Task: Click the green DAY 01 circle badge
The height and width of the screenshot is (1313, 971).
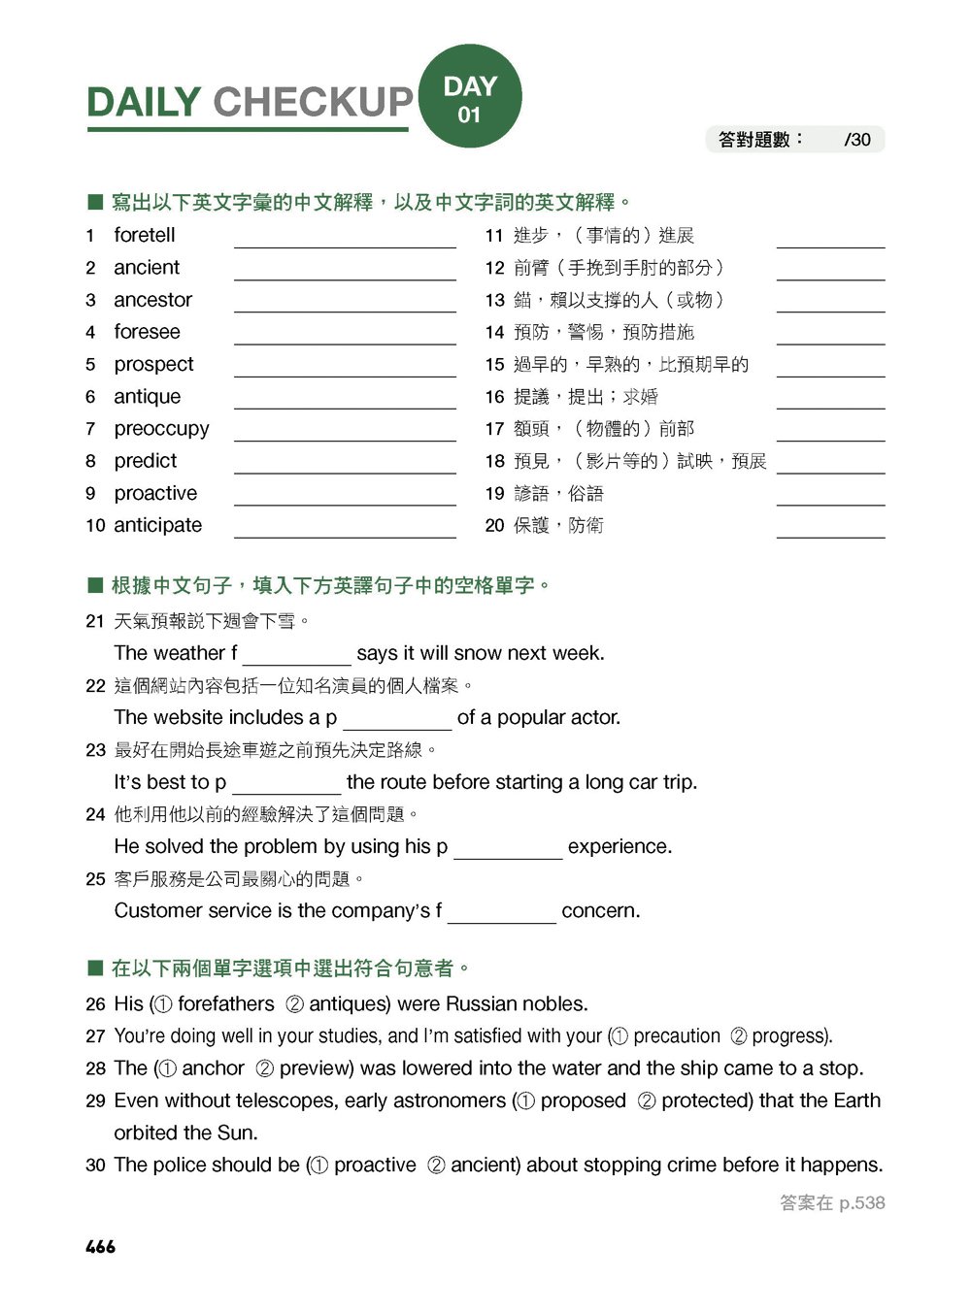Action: [x=470, y=97]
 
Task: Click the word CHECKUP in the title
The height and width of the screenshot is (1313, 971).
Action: [x=313, y=102]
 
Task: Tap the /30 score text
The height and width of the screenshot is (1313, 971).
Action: [x=857, y=140]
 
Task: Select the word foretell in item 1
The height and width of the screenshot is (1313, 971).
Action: [x=145, y=236]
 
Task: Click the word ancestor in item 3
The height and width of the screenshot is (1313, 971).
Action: [x=152, y=300]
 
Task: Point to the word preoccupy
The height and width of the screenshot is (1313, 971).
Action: [x=161, y=429]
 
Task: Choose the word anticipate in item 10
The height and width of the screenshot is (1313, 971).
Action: [x=157, y=525]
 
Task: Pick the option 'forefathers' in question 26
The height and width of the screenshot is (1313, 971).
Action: [x=226, y=1004]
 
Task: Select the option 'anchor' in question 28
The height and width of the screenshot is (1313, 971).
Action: [x=213, y=1068]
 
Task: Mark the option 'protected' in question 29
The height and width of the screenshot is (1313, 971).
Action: [x=706, y=1100]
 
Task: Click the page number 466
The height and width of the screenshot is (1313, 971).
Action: [x=100, y=1247]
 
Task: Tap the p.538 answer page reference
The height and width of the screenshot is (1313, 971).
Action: [x=861, y=1203]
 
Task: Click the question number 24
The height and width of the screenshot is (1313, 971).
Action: [x=95, y=815]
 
